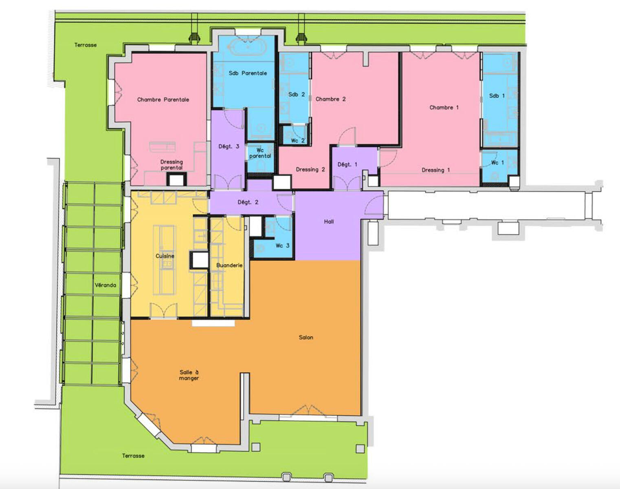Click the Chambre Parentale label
coord(163,100)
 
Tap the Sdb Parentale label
coord(248,73)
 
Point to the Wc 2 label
coord(298,141)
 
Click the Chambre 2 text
coord(330,99)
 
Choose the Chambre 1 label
coord(444,108)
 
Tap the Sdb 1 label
coord(497,96)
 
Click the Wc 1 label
coord(497,163)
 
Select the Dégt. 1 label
coord(347,165)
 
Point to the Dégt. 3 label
coord(229,146)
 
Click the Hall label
coord(329,222)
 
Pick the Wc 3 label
coord(282,246)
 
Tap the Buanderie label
coord(229,265)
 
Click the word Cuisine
coord(165,256)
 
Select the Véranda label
coord(106,285)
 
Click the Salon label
coord(306,337)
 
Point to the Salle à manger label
coord(189,375)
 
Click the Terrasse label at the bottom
coord(133,456)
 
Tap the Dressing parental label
coord(171,165)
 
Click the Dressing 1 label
coord(435,170)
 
